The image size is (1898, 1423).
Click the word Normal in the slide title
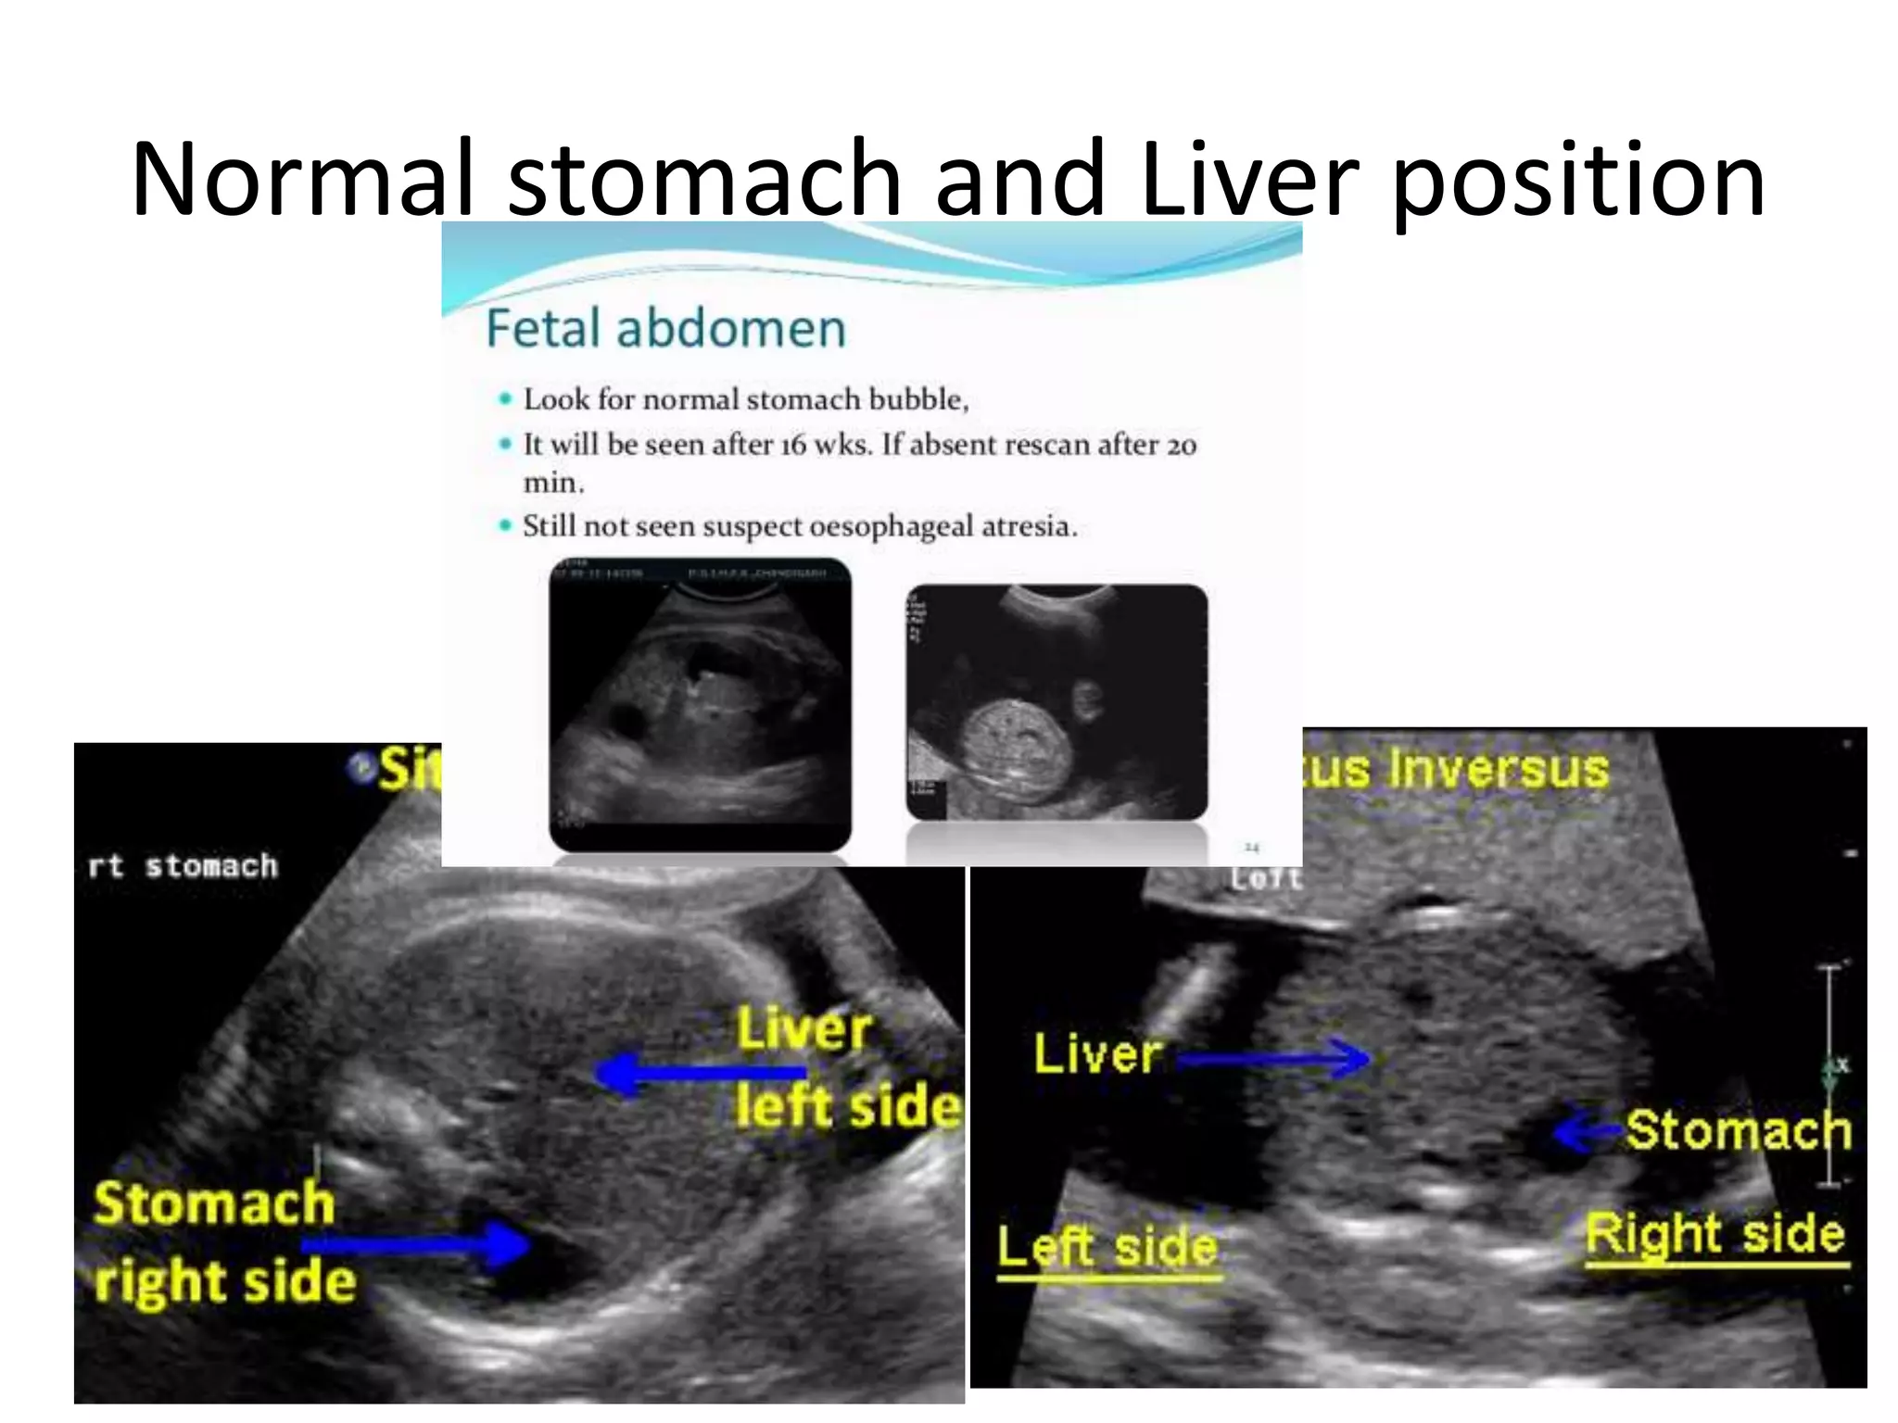click(302, 178)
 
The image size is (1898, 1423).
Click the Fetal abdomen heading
click(665, 328)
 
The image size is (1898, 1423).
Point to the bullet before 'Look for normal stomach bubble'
click(505, 399)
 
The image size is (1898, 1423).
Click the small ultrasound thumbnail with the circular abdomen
click(1057, 701)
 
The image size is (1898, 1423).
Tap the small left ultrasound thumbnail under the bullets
click(700, 704)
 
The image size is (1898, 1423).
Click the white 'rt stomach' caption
click(183, 865)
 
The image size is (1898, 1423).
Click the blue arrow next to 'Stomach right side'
click(417, 1244)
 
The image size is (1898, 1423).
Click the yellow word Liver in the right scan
click(1096, 1054)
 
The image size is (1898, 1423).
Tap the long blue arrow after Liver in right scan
click(1274, 1058)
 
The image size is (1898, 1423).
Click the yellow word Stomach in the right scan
click(1738, 1129)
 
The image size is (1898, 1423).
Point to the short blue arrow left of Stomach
click(1587, 1132)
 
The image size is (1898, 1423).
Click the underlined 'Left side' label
click(1108, 1248)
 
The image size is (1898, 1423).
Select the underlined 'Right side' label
click(1715, 1235)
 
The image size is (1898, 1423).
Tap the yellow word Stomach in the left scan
click(214, 1203)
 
